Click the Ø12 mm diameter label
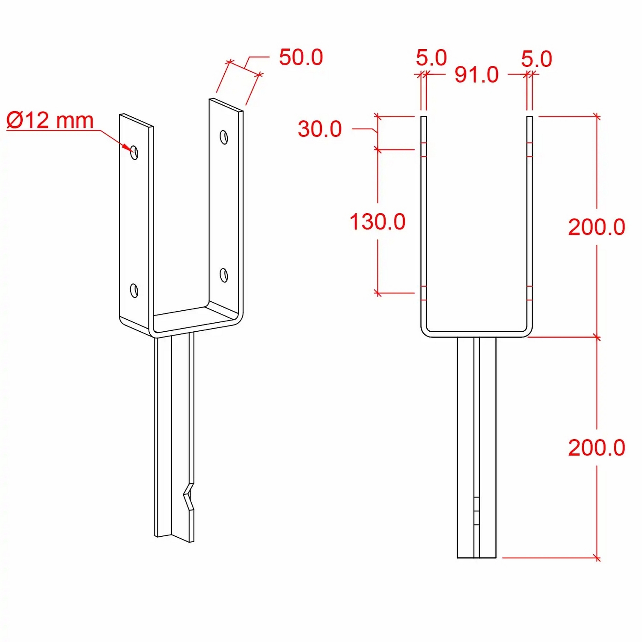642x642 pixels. click(50, 120)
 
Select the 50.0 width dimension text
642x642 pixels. click(301, 57)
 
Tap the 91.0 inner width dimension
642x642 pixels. click(476, 74)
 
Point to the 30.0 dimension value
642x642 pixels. click(320, 129)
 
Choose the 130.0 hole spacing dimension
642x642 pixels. click(377, 222)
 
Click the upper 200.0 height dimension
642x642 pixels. click(597, 227)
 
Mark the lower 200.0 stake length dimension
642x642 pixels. click(597, 448)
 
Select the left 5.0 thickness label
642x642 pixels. click(431, 58)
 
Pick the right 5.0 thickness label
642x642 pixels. click(537, 59)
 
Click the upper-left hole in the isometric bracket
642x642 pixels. click(134, 152)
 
